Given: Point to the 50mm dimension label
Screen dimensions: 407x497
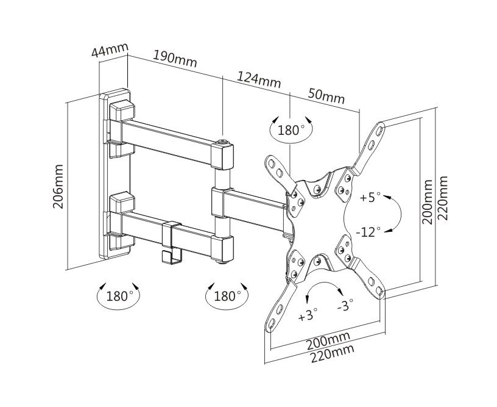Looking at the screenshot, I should (326, 96).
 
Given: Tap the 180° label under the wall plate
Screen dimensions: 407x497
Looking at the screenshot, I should (119, 297).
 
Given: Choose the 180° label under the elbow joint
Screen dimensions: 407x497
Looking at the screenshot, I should (227, 297).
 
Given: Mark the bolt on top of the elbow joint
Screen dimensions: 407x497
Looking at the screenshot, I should (223, 143).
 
